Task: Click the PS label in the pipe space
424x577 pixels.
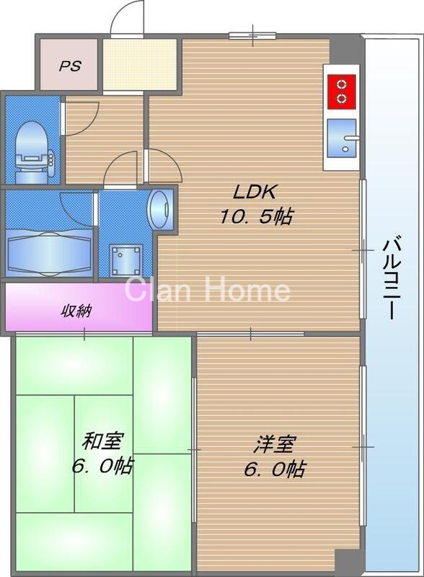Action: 69,66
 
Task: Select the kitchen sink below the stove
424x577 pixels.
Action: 343,137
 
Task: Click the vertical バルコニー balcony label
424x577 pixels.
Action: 391,278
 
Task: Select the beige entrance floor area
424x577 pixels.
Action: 139,66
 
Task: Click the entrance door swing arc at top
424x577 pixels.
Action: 127,16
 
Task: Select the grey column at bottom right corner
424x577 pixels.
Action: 349,560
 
